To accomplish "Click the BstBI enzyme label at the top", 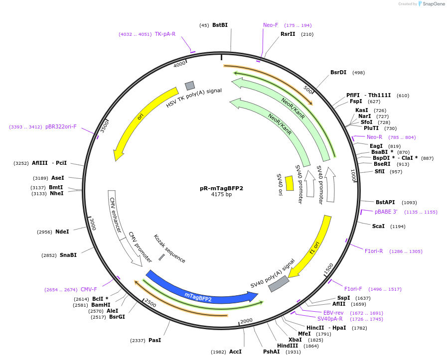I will (220, 25).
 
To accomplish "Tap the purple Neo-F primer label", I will (271, 25).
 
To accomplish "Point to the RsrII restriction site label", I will (288, 34).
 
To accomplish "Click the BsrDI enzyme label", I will (338, 72).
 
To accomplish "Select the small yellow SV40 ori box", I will (289, 183).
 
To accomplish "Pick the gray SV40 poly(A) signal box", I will (279, 284).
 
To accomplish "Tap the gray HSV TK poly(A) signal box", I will (189, 86).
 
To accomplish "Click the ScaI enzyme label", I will (378, 226).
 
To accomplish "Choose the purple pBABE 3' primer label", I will (386, 212).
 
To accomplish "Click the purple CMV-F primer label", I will (89, 289).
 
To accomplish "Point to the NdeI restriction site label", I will (62, 232).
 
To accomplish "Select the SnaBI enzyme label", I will (68, 255).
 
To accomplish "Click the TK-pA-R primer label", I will (165, 34).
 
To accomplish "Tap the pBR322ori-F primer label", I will (61, 126).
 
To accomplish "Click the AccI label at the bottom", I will (235, 352).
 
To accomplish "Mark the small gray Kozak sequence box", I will (161, 257).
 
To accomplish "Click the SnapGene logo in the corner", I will (431, 4).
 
